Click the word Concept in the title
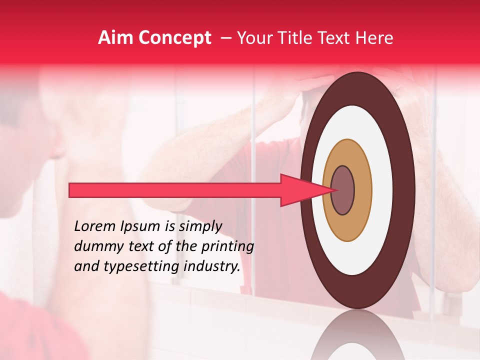coord(174,38)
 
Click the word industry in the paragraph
coord(213,266)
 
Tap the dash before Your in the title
coord(225,38)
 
